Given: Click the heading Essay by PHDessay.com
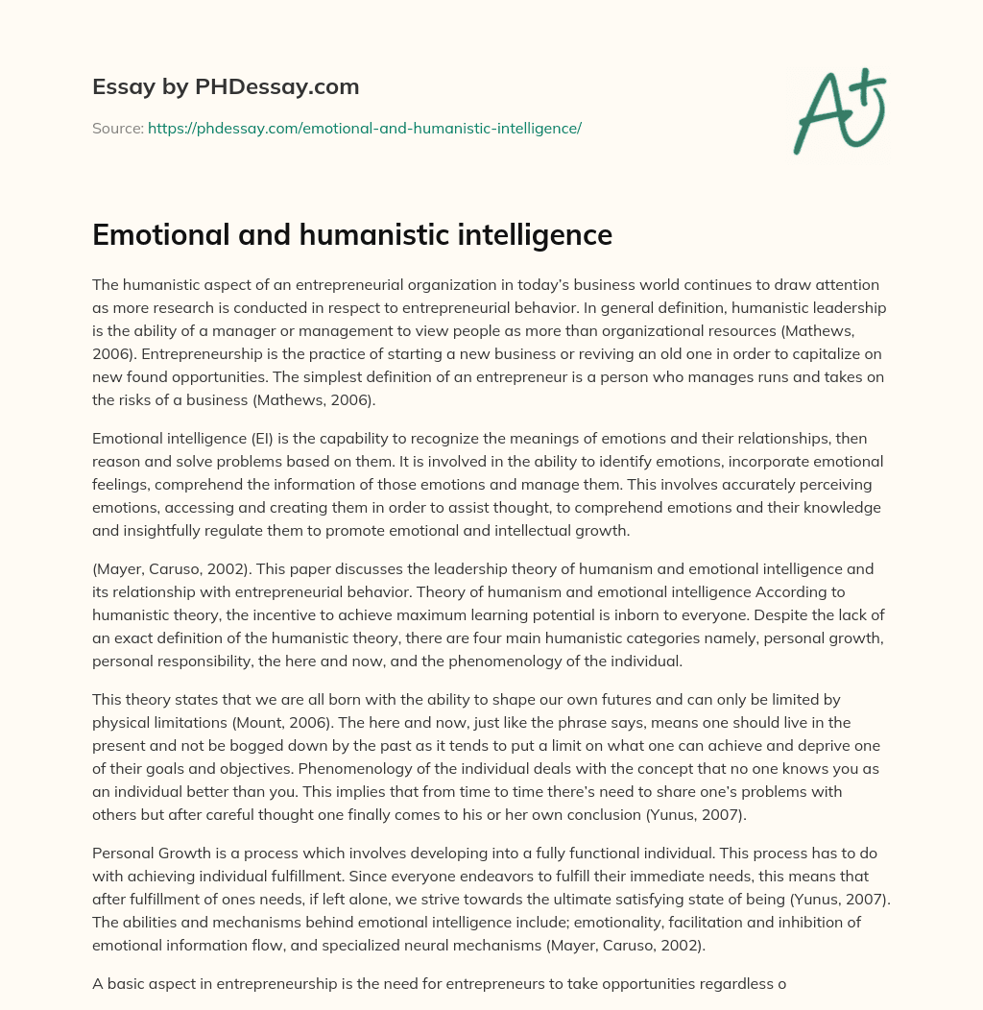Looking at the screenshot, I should click(226, 87).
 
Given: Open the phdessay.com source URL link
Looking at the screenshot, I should click(365, 127).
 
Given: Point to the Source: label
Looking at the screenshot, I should click(118, 127).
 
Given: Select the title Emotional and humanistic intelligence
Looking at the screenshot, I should click(352, 235).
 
